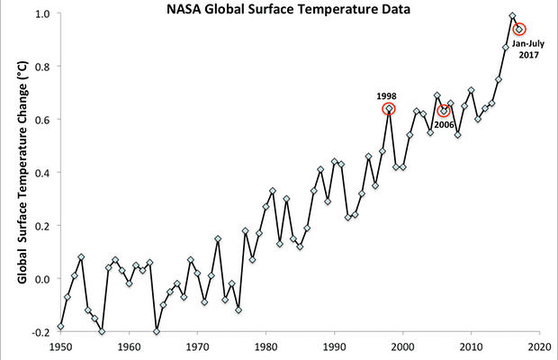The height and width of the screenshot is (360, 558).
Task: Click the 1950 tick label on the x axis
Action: pos(60,346)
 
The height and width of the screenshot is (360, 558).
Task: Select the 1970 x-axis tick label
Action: pos(197,346)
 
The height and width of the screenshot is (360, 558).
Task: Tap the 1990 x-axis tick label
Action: pos(334,346)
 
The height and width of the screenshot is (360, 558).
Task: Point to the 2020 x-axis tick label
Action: pos(539,346)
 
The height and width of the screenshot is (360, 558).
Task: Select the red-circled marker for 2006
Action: pos(444,111)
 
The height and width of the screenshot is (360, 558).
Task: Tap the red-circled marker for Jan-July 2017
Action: pos(519,29)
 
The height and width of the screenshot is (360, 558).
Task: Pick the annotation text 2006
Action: pos(443,125)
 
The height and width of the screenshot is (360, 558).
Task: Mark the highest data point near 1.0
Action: pos(512,16)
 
